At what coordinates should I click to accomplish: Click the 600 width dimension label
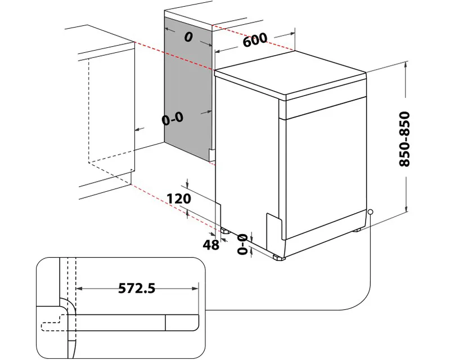pos(255,40)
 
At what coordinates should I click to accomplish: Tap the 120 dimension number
pos(179,199)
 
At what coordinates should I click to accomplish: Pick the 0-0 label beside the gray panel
pos(172,119)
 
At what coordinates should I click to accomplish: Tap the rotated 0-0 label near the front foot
pos(244,245)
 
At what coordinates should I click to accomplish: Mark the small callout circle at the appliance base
pos(370,212)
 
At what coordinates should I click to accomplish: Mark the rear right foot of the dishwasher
pos(357,230)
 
